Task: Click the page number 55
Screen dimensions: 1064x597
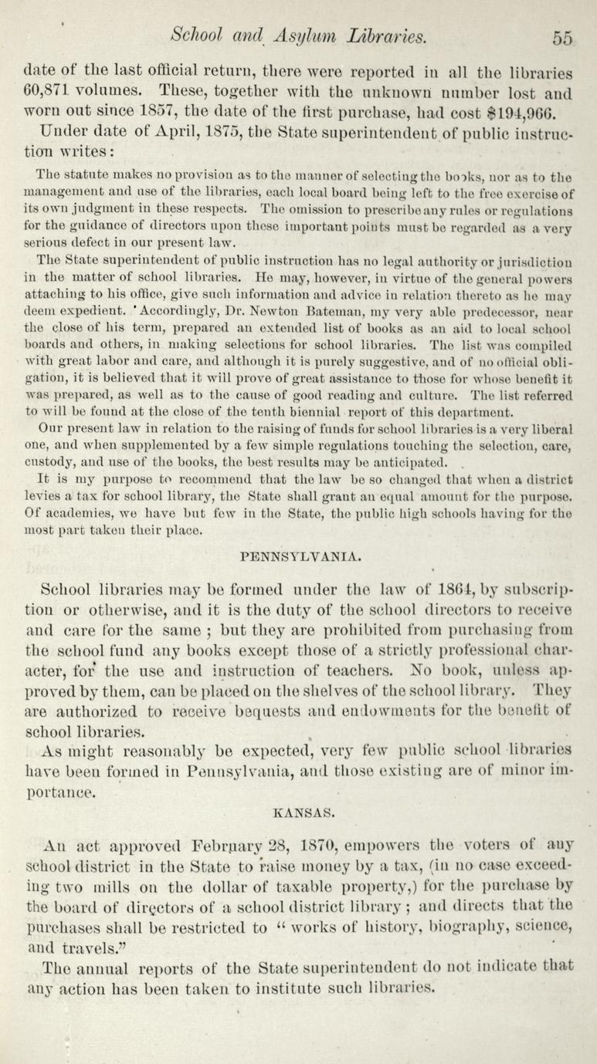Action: click(561, 37)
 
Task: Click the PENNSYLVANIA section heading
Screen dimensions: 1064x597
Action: click(297, 555)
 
